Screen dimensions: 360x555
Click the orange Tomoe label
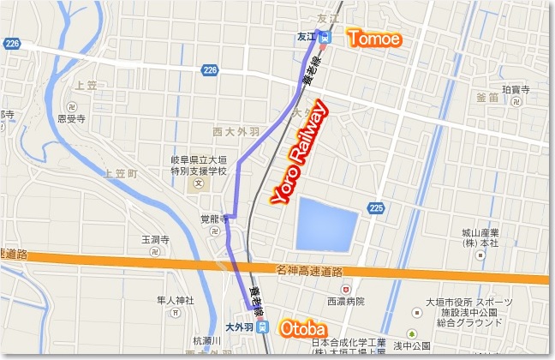[x=373, y=38]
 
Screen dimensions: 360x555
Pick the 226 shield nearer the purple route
[x=211, y=70]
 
